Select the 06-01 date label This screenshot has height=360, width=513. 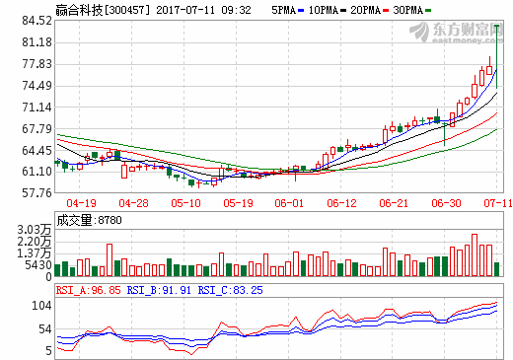click(287, 202)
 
